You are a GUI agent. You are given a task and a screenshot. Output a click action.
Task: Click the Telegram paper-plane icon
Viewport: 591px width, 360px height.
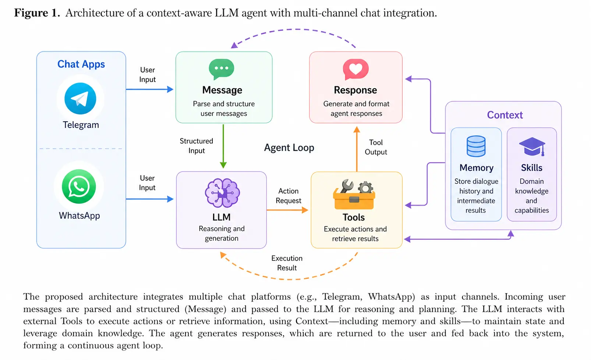(80, 99)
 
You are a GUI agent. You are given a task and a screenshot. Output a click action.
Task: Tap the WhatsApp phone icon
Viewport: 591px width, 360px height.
(79, 186)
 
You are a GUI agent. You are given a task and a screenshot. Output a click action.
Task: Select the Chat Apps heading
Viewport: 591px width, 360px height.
(81, 64)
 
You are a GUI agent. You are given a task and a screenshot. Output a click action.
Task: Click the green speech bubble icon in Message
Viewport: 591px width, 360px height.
(222, 69)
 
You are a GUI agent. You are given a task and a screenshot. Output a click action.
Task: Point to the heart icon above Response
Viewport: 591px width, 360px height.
(355, 69)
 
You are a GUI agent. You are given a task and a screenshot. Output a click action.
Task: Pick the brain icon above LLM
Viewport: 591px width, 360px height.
(222, 193)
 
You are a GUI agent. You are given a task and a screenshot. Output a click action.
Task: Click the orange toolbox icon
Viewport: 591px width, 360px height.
(354, 195)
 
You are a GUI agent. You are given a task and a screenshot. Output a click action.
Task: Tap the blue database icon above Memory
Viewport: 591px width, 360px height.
(476, 146)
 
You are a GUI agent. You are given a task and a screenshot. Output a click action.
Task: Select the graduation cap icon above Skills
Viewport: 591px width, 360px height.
(532, 147)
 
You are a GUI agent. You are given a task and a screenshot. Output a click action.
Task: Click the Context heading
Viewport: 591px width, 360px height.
(505, 115)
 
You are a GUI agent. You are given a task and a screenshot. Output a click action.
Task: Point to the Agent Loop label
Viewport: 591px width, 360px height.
(289, 148)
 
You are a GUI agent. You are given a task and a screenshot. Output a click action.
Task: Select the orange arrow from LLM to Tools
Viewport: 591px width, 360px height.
(287, 210)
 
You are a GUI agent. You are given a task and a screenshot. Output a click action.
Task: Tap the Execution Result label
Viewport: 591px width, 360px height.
(287, 263)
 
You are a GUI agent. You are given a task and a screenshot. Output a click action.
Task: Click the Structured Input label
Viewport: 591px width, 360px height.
(196, 146)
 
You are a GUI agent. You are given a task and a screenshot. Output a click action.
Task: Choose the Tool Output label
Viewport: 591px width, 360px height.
(376, 147)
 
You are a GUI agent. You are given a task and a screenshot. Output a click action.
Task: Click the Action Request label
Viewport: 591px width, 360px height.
(288, 196)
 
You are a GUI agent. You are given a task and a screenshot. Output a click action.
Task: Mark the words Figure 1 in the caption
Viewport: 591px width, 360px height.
(37, 13)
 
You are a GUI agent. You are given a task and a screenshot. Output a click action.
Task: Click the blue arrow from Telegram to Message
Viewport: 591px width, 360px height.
(149, 89)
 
